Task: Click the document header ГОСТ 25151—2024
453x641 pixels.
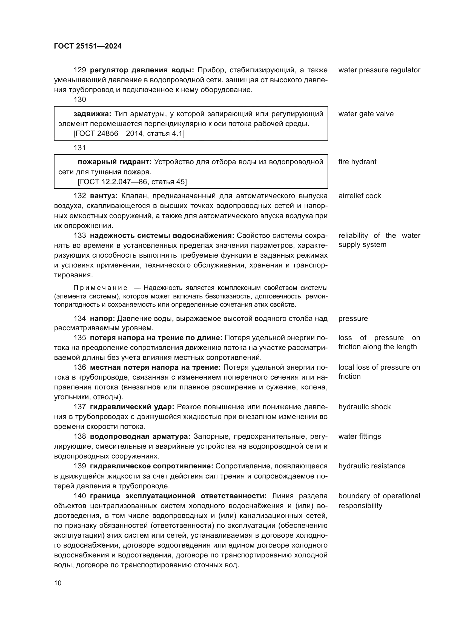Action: tap(88, 46)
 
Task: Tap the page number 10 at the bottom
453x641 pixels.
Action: tap(58, 583)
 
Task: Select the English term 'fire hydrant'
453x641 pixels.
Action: tap(357, 162)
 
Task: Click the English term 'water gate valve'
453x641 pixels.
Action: tap(366, 114)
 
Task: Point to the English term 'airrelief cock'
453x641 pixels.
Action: tap(359, 196)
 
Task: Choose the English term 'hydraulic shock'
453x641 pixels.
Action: tap(364, 407)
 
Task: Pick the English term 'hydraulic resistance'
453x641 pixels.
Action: tap(372, 466)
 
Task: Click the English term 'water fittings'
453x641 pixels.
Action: tap(359, 436)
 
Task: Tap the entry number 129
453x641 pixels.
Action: tap(79, 70)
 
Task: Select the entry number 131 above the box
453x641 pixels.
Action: tap(79, 148)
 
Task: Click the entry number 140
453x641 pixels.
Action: tap(79, 496)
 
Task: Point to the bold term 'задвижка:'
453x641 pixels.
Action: tap(92, 114)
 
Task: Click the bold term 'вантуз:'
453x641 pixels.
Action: tap(104, 196)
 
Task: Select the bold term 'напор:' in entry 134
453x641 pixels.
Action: tap(102, 318)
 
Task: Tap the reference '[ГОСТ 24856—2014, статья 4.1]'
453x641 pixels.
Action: tap(129, 134)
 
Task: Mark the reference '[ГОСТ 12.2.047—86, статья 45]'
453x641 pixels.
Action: tap(132, 182)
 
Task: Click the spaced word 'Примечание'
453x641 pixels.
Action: tap(101, 288)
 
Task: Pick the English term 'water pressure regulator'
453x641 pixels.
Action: tap(379, 70)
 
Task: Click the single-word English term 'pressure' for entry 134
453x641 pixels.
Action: tap(353, 318)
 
